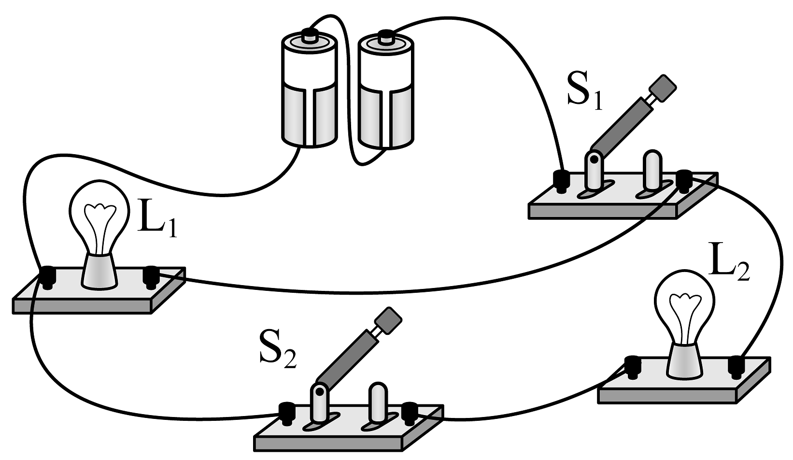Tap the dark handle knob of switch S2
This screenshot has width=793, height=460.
click(x=388, y=320)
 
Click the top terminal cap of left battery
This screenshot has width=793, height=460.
click(x=308, y=34)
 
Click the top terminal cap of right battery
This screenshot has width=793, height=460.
click(x=385, y=35)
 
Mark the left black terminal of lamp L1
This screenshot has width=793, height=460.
click(x=47, y=276)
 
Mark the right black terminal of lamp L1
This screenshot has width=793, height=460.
click(x=151, y=275)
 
